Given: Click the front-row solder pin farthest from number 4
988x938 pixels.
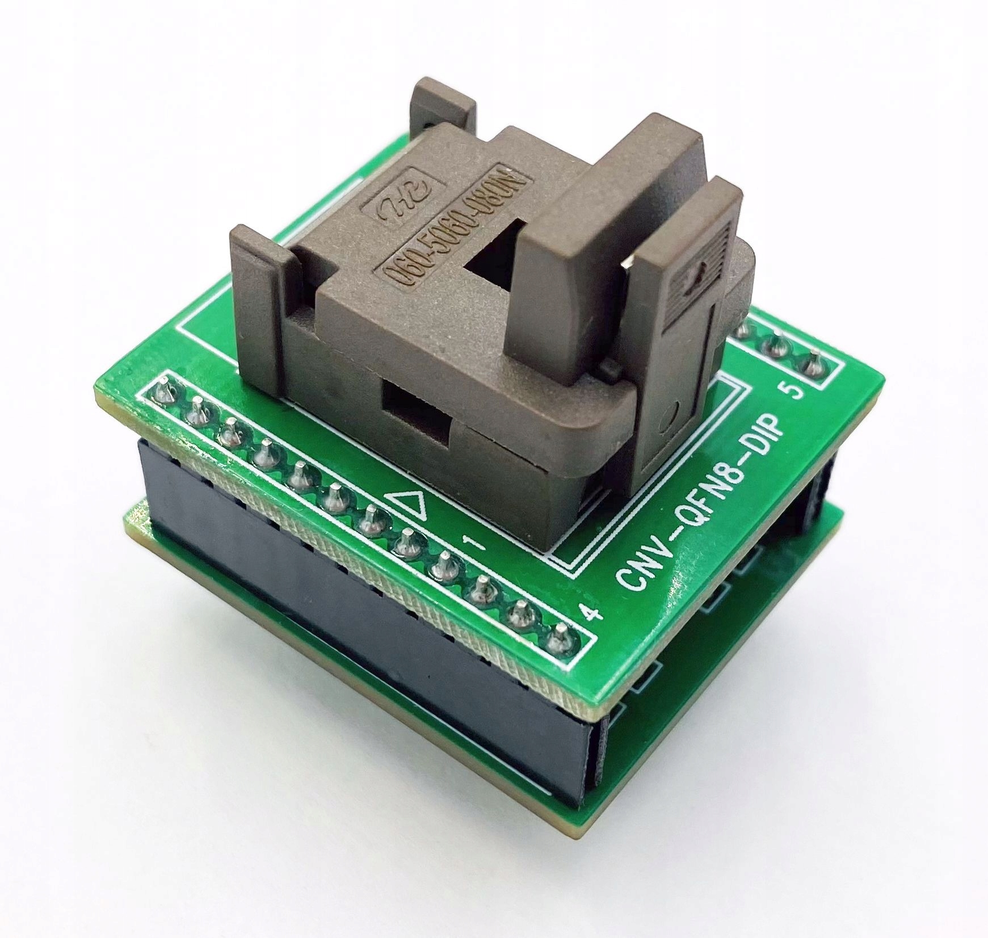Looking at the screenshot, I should tap(164, 392).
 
